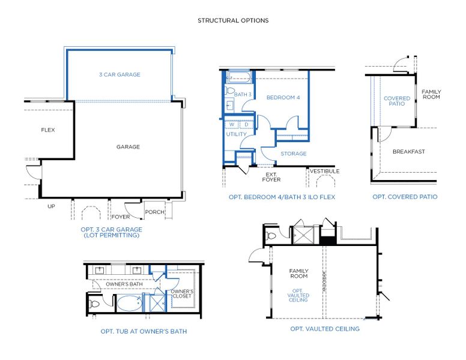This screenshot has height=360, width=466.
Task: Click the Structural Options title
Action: [x=233, y=20]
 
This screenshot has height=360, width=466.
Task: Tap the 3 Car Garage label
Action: [x=120, y=75]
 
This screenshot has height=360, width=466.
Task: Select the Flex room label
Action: [x=48, y=130]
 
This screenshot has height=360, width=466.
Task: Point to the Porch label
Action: [x=154, y=211]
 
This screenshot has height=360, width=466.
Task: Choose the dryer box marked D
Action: [x=246, y=125]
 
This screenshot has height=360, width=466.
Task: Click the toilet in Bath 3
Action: [x=230, y=91]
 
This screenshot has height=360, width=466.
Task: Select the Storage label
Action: [x=293, y=154]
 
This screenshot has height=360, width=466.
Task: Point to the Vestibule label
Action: [x=324, y=171]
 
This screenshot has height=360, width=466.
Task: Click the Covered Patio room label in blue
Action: [x=397, y=101]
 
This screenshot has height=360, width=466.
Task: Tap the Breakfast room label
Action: [x=408, y=152]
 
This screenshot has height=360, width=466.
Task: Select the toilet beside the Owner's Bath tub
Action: [x=95, y=304]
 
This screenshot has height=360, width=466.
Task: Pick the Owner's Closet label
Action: [x=181, y=293]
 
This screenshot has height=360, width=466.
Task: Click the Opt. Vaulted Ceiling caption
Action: [x=325, y=329]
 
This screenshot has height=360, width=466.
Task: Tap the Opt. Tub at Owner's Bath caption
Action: [x=144, y=331]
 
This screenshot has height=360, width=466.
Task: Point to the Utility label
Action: [x=235, y=134]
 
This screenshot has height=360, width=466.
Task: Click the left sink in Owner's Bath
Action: [x=100, y=271]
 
